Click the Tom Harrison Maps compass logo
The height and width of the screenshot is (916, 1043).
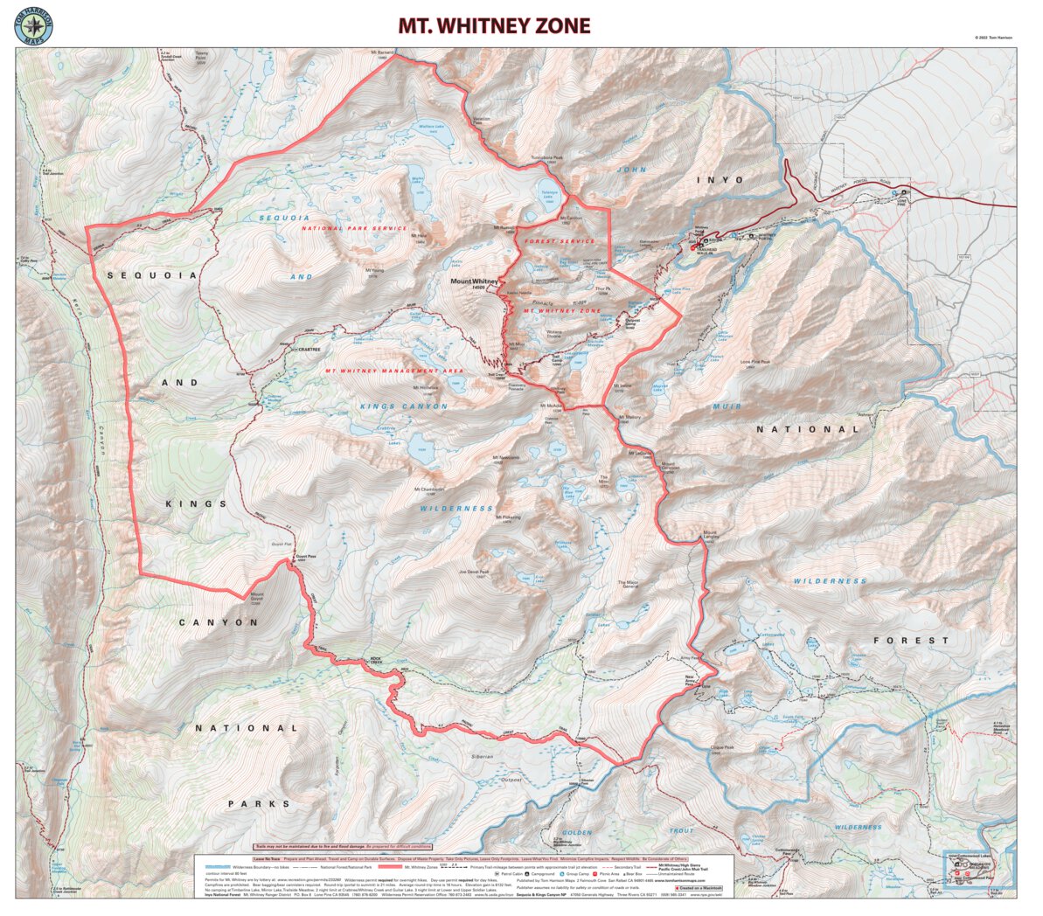(34, 25)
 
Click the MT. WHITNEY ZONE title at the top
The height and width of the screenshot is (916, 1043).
(494, 26)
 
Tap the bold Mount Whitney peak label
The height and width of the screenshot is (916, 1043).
(473, 283)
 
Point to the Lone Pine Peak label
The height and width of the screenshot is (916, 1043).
(754, 362)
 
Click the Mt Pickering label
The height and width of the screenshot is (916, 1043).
(508, 517)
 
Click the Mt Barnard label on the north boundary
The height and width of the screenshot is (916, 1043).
(383, 54)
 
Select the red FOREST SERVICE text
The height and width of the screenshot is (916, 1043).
(559, 241)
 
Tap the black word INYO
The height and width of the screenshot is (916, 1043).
(720, 180)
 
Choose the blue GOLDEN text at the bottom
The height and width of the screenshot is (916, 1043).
(577, 832)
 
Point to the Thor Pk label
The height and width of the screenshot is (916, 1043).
(601, 289)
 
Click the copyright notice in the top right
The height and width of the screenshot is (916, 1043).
(993, 38)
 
